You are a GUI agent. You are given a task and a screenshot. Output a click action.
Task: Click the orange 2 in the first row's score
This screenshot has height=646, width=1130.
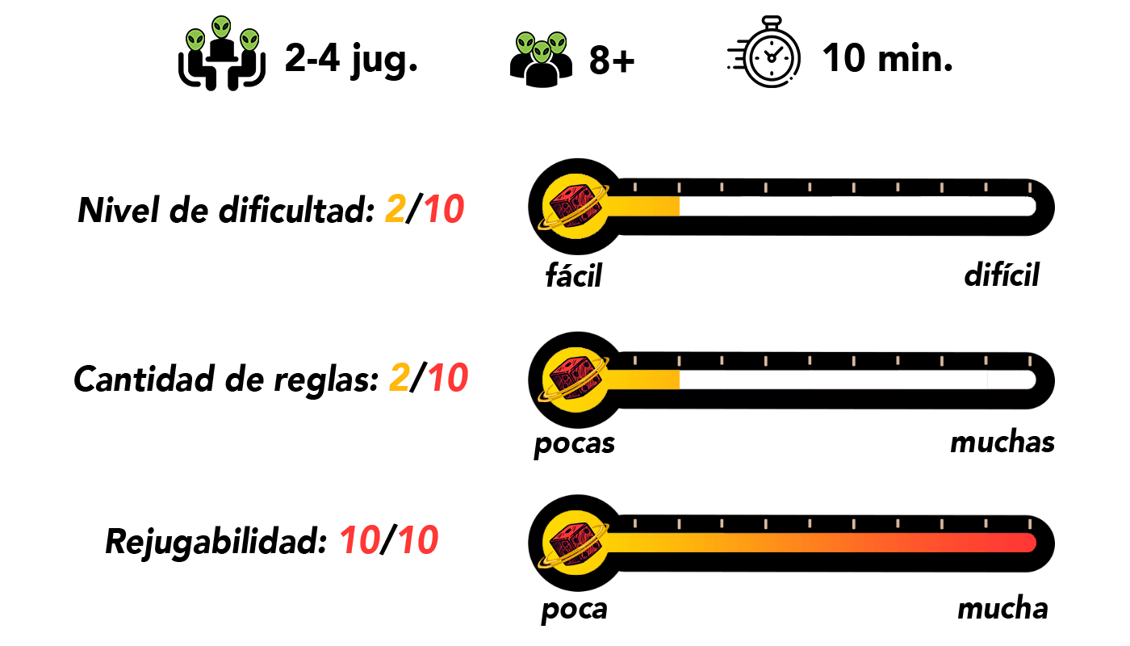tap(395, 209)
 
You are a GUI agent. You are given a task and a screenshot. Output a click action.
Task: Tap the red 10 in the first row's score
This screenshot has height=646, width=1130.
tap(444, 209)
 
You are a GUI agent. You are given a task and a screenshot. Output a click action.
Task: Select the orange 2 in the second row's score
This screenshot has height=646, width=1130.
tap(400, 377)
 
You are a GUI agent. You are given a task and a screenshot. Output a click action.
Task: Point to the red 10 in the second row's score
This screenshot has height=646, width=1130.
tap(448, 377)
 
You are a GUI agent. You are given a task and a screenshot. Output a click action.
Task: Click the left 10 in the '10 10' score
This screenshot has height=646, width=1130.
tap(360, 540)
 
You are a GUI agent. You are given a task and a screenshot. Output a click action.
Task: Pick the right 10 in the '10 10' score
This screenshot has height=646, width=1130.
tap(418, 540)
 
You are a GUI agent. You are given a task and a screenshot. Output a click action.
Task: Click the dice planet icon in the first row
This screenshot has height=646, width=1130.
tap(575, 206)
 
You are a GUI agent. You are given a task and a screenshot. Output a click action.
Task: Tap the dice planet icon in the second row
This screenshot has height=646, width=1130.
tap(575, 380)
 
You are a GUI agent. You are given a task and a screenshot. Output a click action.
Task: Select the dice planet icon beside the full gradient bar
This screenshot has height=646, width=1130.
tap(575, 543)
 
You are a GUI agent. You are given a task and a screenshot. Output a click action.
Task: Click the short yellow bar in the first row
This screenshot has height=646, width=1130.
tap(643, 206)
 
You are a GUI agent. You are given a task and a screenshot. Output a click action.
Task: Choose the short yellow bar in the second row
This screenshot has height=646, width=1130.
tap(643, 380)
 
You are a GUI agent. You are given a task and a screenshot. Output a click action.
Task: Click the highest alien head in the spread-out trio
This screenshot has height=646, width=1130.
tap(221, 27)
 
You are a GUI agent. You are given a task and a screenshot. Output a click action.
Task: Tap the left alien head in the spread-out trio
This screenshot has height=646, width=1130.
tap(195, 40)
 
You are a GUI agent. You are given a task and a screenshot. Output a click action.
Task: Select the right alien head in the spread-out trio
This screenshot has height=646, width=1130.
tap(249, 40)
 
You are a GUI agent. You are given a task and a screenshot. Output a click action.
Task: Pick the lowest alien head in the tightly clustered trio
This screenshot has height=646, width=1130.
tap(542, 52)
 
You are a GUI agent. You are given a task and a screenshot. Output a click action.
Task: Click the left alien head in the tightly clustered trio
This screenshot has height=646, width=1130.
tap(525, 43)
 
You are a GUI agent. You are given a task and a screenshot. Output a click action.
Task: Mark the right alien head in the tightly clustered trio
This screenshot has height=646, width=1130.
tap(557, 43)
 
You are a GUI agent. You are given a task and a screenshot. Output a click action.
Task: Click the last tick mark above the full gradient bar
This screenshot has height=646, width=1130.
tap(1030, 524)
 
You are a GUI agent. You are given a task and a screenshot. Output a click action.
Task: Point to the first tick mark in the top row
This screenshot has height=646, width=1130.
tap(635, 187)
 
